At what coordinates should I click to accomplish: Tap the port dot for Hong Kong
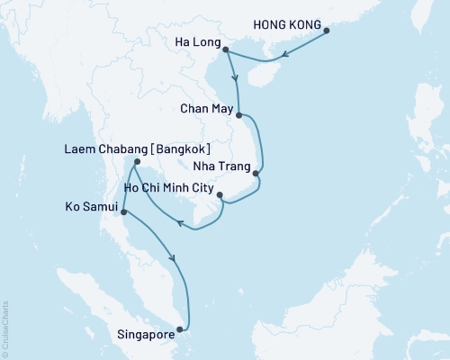pyautogui.click(x=327, y=31)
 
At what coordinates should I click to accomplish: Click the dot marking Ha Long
pyautogui.click(x=225, y=49)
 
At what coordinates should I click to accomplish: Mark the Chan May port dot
pyautogui.click(x=238, y=115)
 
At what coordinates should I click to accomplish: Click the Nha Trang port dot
pyautogui.click(x=256, y=173)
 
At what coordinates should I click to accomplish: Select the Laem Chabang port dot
pyautogui.click(x=135, y=163)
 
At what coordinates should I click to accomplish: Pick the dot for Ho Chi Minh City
pyautogui.click(x=220, y=193)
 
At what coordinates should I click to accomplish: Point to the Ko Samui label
pyautogui.click(x=93, y=206)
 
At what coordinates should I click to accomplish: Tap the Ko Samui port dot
pyautogui.click(x=123, y=212)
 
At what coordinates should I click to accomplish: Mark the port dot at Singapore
pyautogui.click(x=184, y=328)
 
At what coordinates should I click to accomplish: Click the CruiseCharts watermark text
pyautogui.click(x=5, y=328)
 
